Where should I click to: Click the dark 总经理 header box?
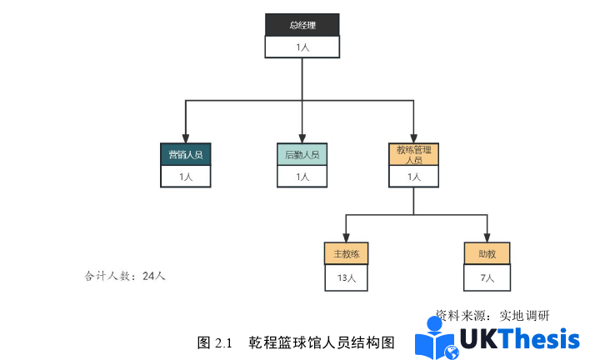[302, 25]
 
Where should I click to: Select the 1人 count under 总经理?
[302, 47]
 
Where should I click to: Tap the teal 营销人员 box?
[185, 154]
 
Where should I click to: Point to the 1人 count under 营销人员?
[185, 177]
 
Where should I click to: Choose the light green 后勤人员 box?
[302, 154]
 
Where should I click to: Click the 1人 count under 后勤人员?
[302, 177]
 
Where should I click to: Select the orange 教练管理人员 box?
[413, 154]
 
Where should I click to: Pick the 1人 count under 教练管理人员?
[413, 177]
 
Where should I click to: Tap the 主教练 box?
[346, 254]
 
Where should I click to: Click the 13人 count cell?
[346, 277]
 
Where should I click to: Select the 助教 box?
[487, 254]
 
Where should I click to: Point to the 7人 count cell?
[487, 277]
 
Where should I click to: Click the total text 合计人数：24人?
[125, 276]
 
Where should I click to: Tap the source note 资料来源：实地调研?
[492, 316]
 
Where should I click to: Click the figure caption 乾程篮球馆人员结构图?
[320, 342]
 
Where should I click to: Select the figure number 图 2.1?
[213, 342]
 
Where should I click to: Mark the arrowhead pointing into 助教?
[487, 237]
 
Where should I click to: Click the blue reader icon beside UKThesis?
[436, 340]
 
